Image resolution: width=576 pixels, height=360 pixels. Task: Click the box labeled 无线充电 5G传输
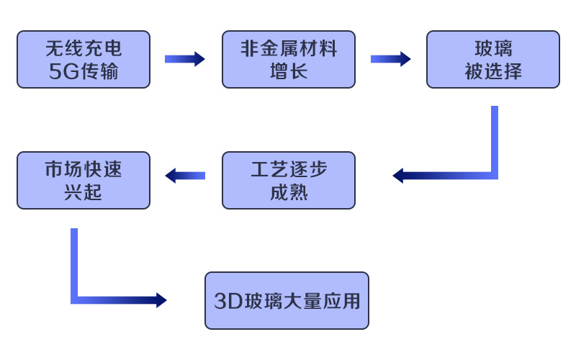(84, 59)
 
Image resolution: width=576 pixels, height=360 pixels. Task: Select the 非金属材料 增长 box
(288, 59)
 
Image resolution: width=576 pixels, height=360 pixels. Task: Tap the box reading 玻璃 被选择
(492, 59)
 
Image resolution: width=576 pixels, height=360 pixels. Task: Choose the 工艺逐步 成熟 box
(288, 180)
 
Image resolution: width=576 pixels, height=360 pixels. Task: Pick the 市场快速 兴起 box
(84, 180)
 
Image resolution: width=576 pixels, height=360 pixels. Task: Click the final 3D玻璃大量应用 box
(287, 300)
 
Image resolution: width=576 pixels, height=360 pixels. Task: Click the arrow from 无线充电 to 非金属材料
(184, 59)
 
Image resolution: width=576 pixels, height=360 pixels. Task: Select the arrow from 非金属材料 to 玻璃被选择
(390, 59)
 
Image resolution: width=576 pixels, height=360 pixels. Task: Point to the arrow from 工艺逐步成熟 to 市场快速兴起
(185, 175)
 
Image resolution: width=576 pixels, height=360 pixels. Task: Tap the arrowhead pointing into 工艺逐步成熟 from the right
(398, 175)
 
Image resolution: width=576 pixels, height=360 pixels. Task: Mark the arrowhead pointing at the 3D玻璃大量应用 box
(161, 300)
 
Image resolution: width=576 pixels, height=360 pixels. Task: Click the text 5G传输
(84, 71)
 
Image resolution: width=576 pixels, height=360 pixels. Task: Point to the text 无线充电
(84, 49)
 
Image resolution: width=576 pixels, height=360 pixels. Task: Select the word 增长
(288, 71)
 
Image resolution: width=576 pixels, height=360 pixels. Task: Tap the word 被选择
(492, 71)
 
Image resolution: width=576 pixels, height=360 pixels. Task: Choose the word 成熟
(288, 192)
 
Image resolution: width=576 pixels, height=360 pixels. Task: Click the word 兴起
(84, 192)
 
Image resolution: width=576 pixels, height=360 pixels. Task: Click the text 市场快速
(84, 169)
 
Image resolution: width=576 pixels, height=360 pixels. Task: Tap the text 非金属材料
(288, 49)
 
